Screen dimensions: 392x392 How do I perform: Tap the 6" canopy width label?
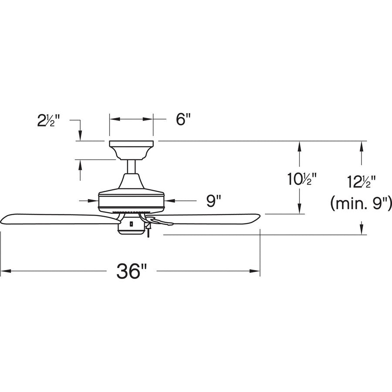click(183, 119)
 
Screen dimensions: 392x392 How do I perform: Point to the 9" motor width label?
click(213, 201)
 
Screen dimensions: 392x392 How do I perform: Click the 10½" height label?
click(301, 179)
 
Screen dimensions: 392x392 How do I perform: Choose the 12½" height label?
click(361, 181)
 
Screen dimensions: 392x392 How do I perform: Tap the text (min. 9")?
click(361, 203)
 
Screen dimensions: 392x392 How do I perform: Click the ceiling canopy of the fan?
click(131, 148)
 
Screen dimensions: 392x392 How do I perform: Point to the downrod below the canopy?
click(131, 166)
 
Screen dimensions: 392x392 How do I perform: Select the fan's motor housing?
click(131, 198)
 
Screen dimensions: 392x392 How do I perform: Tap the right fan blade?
click(209, 218)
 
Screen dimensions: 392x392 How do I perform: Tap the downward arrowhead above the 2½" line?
click(80, 137)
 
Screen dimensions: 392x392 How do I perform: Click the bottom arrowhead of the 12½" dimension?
click(361, 231)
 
